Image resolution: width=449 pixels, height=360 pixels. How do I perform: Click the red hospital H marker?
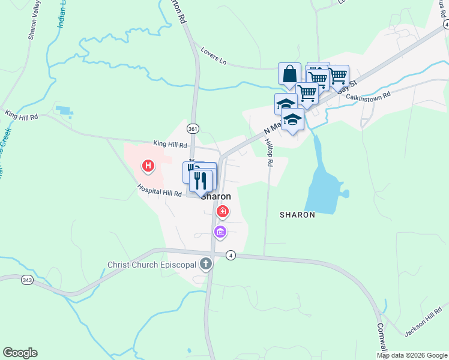pos(148,166)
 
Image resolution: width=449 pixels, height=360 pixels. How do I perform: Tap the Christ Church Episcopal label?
pos(152,265)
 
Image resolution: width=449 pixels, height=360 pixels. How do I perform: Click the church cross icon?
pos(206,263)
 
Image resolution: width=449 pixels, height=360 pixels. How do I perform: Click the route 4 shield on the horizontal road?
pos(231,255)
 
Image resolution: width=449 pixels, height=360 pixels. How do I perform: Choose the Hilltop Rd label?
pos(269,153)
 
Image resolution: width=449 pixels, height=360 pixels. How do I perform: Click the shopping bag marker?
pos(289,74)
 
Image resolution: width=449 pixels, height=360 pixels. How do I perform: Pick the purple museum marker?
pos(220,231)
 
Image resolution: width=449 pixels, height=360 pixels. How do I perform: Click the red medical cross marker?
pos(223,211)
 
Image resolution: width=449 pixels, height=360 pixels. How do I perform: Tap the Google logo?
pos(20,353)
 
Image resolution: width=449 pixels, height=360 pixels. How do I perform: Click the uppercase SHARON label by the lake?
pos(297,214)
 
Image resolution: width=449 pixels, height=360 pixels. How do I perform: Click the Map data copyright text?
pos(411,355)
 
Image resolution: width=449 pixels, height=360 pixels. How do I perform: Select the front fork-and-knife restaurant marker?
pos(201,180)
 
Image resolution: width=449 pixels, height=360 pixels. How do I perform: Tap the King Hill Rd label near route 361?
pos(170,145)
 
